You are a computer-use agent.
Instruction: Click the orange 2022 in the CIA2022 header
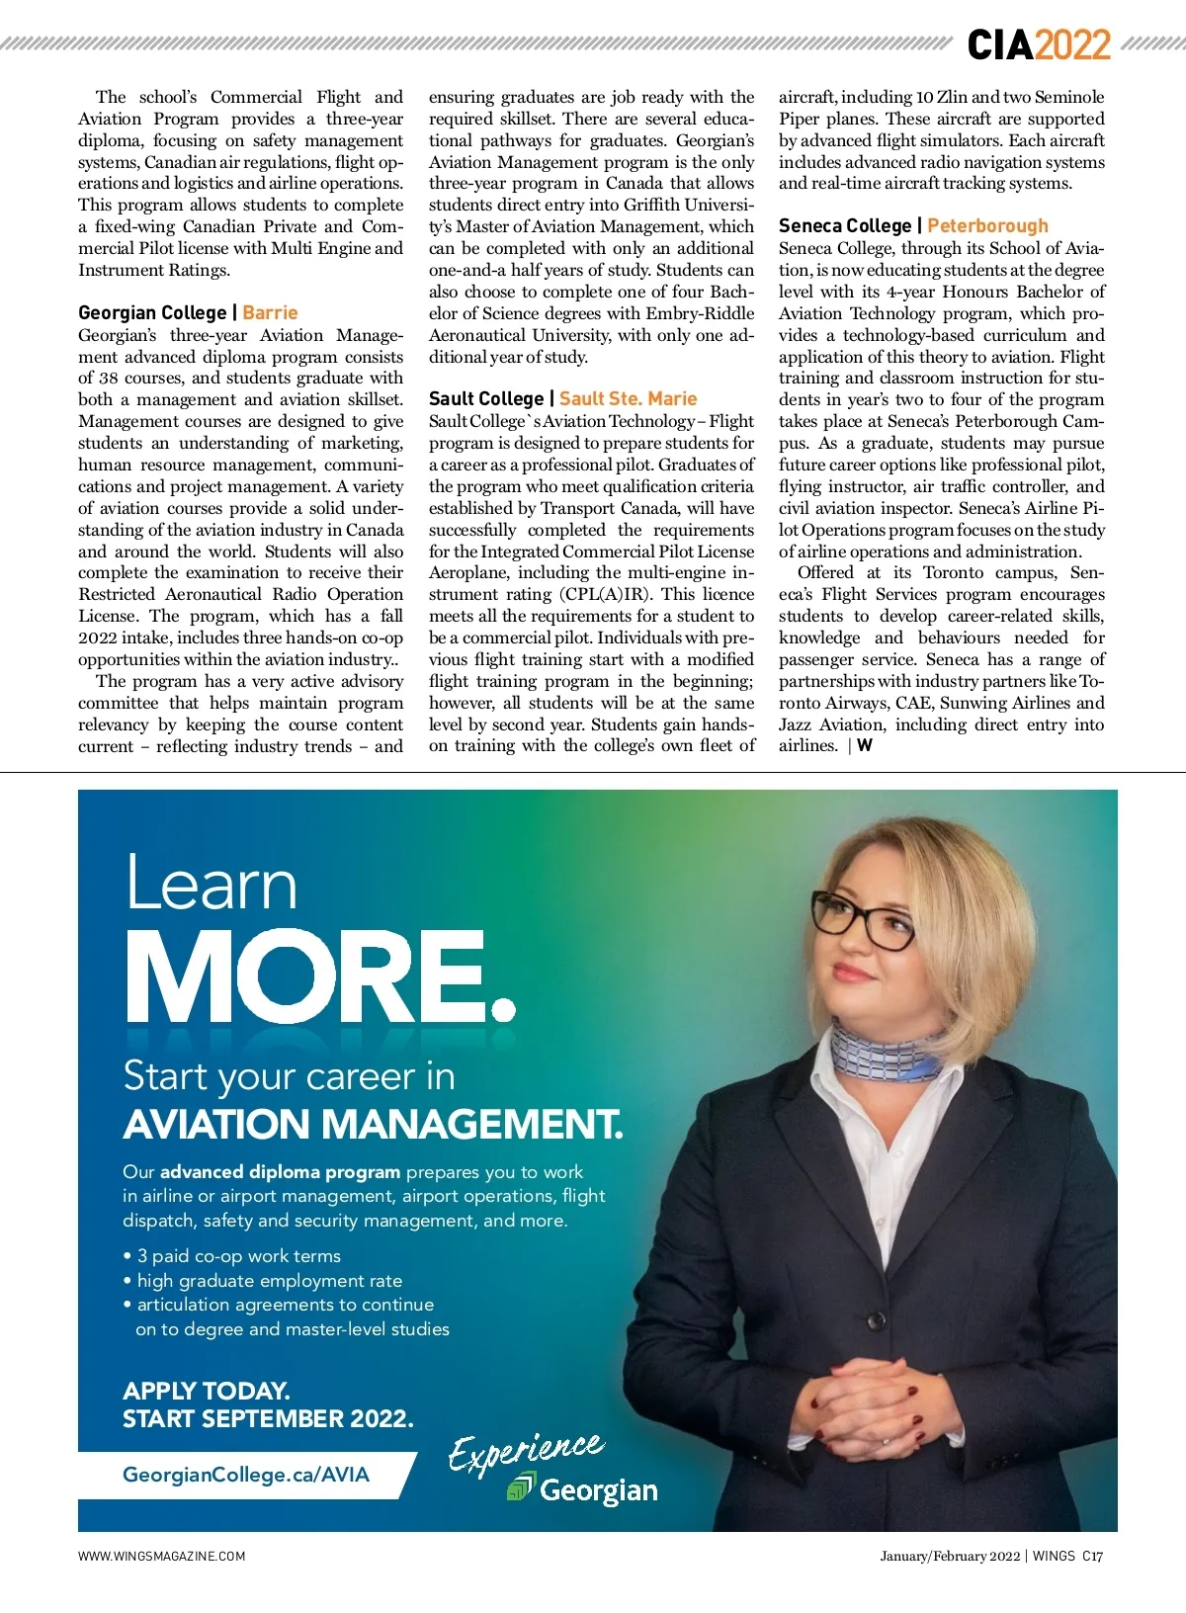[1073, 44]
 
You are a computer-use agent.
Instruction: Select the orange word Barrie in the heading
[270, 312]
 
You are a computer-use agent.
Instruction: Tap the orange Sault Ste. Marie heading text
[628, 398]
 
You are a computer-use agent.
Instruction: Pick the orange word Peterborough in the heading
[987, 225]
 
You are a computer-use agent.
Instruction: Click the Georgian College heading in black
[152, 312]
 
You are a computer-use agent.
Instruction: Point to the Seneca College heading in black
[844, 225]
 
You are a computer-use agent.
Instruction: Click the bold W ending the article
[865, 746]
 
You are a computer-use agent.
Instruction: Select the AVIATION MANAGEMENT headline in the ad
[373, 1124]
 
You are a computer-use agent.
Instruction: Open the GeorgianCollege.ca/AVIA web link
[245, 1475]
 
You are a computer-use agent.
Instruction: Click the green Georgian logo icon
[520, 1486]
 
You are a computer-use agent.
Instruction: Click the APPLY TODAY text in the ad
[206, 1391]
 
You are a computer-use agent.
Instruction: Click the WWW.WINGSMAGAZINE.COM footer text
[162, 1556]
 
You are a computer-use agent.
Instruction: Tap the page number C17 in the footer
[1092, 1556]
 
